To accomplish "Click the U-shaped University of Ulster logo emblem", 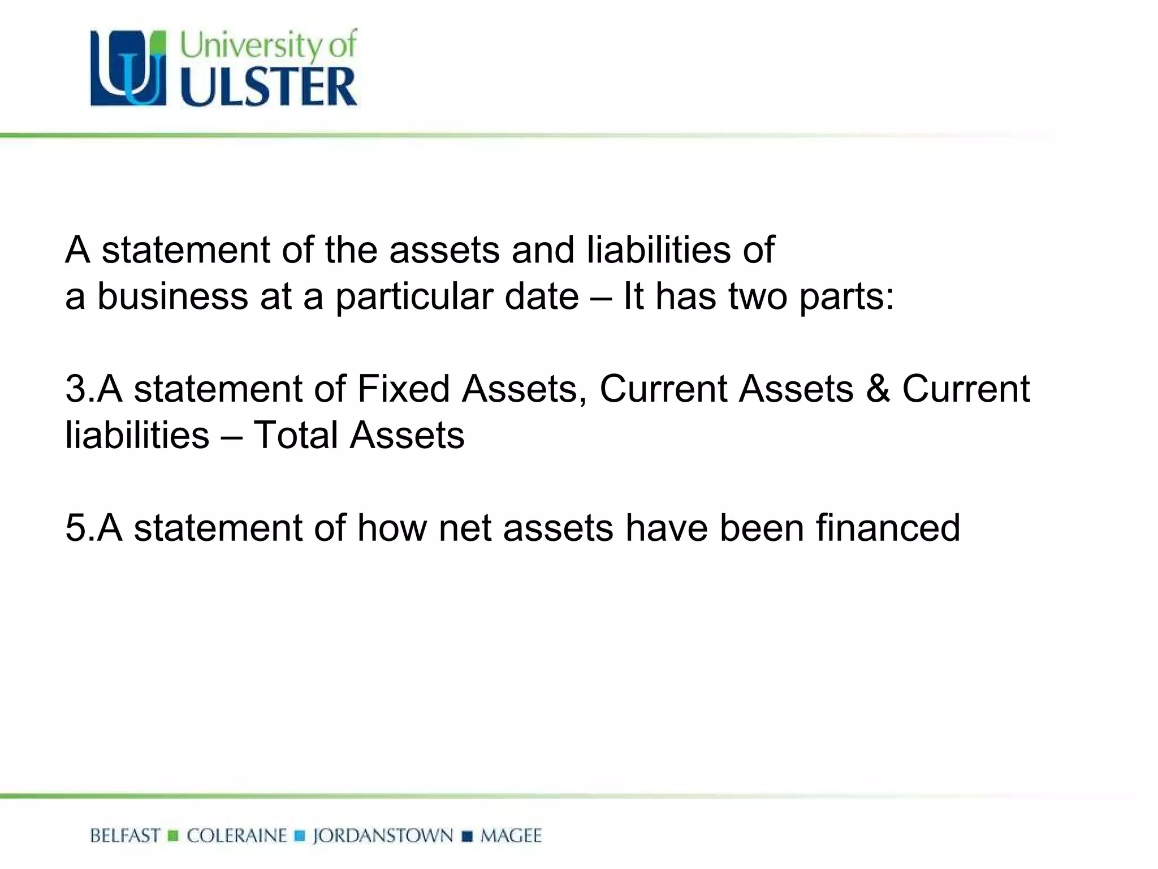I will point(128,68).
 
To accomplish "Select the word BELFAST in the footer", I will point(125,836).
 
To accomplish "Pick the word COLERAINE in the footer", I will point(237,836).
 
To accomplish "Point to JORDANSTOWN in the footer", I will point(383,836).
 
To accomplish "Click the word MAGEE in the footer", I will point(511,836).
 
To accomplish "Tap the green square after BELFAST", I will point(174,836).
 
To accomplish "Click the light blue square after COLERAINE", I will point(300,836).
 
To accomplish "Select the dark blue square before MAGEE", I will point(467,836).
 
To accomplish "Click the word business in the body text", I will point(172,296).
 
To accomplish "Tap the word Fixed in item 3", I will point(403,389).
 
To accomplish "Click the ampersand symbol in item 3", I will point(878,389).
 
